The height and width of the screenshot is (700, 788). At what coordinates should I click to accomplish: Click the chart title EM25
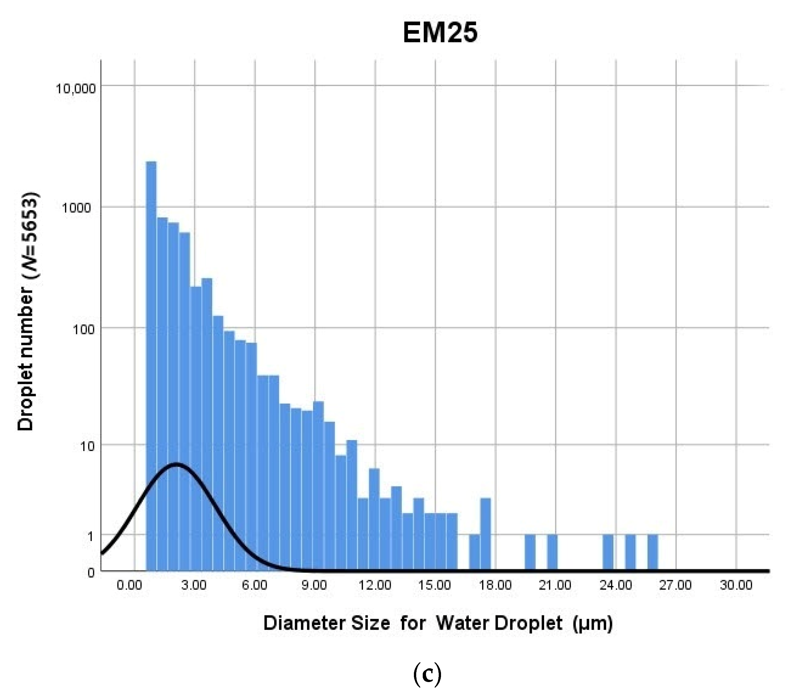pos(440,32)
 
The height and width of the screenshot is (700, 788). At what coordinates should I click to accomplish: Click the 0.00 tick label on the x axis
pos(130,585)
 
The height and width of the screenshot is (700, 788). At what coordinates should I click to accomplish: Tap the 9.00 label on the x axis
pos(314,585)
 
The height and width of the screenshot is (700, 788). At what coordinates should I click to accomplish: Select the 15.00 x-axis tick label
pos(434,585)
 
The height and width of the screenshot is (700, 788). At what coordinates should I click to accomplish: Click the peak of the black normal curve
pos(177,464)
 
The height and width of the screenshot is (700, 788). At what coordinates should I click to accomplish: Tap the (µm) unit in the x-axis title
pos(592,624)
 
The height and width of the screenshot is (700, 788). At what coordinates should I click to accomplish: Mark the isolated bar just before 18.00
pos(485,534)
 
